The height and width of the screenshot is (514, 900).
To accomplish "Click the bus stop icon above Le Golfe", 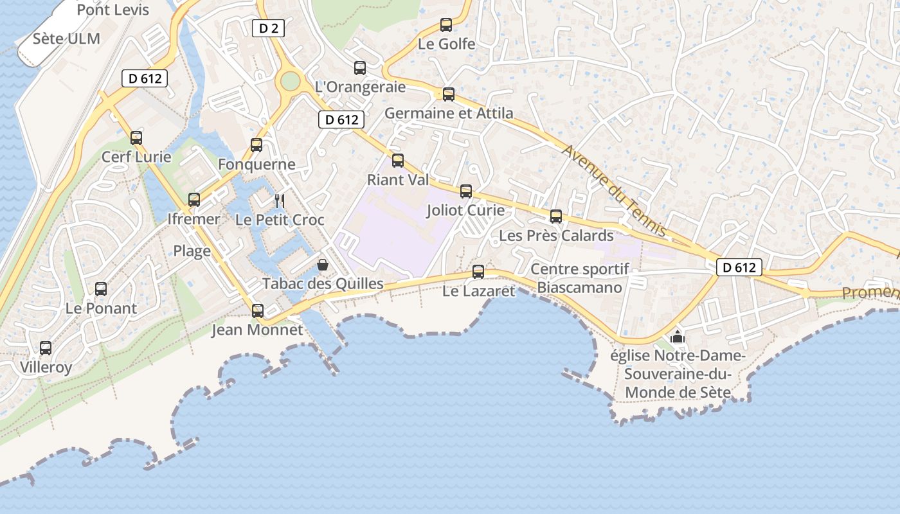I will [446, 25].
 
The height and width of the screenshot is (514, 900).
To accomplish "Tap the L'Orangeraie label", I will [360, 87].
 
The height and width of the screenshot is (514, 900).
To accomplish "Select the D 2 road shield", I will [268, 28].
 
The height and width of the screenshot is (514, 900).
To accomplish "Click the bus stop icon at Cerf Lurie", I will [136, 137].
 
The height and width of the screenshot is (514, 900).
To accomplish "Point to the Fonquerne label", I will [256, 164].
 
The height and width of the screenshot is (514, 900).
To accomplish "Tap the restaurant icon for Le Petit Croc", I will [279, 201].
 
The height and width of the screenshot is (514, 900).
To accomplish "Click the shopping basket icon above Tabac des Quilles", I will [323, 265].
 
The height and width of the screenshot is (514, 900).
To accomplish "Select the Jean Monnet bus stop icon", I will [258, 311].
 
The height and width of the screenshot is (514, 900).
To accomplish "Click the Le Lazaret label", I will [479, 291].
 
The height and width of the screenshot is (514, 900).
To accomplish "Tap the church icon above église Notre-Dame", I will [677, 337].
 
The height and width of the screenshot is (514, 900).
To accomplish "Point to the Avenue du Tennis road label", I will [614, 190].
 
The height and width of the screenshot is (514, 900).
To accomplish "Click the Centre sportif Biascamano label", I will [579, 278].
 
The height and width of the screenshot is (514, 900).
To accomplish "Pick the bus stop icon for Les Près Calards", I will [556, 217].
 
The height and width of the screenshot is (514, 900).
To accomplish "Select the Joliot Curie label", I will [465, 211].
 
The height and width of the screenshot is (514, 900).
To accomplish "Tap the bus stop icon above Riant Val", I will [398, 161].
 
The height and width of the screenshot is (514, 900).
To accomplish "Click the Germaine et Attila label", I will [449, 114].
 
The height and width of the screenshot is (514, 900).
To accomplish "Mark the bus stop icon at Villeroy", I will [46, 348].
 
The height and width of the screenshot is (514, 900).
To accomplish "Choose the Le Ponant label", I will [101, 308].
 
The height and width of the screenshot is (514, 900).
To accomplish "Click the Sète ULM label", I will [66, 39].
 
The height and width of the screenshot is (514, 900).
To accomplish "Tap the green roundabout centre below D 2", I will [291, 81].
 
